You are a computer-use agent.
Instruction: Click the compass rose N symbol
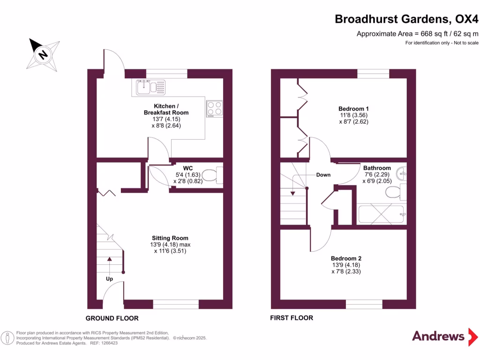tap(43, 55)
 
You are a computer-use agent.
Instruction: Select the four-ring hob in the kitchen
tap(215, 109)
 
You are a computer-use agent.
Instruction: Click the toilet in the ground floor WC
tap(212, 175)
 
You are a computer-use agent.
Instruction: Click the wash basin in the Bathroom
tap(402, 174)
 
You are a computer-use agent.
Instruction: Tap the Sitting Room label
tap(170, 238)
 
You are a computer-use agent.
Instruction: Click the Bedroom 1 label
tap(353, 109)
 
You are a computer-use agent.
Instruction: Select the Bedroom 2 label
tap(346, 258)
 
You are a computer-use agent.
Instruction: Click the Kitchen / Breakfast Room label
tap(166, 109)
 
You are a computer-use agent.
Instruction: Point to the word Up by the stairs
tap(109, 279)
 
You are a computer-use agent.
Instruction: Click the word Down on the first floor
tap(323, 175)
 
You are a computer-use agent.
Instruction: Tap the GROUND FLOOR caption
tap(112, 318)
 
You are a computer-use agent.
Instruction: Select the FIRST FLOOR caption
tap(292, 318)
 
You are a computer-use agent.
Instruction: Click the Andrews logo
tap(445, 337)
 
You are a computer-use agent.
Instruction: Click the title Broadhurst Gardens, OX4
tap(406, 19)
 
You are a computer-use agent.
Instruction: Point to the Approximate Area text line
tap(417, 34)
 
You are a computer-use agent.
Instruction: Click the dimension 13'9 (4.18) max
tap(170, 245)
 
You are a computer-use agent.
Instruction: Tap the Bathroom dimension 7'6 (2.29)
tap(377, 174)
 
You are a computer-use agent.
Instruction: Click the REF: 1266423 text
tap(104, 343)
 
